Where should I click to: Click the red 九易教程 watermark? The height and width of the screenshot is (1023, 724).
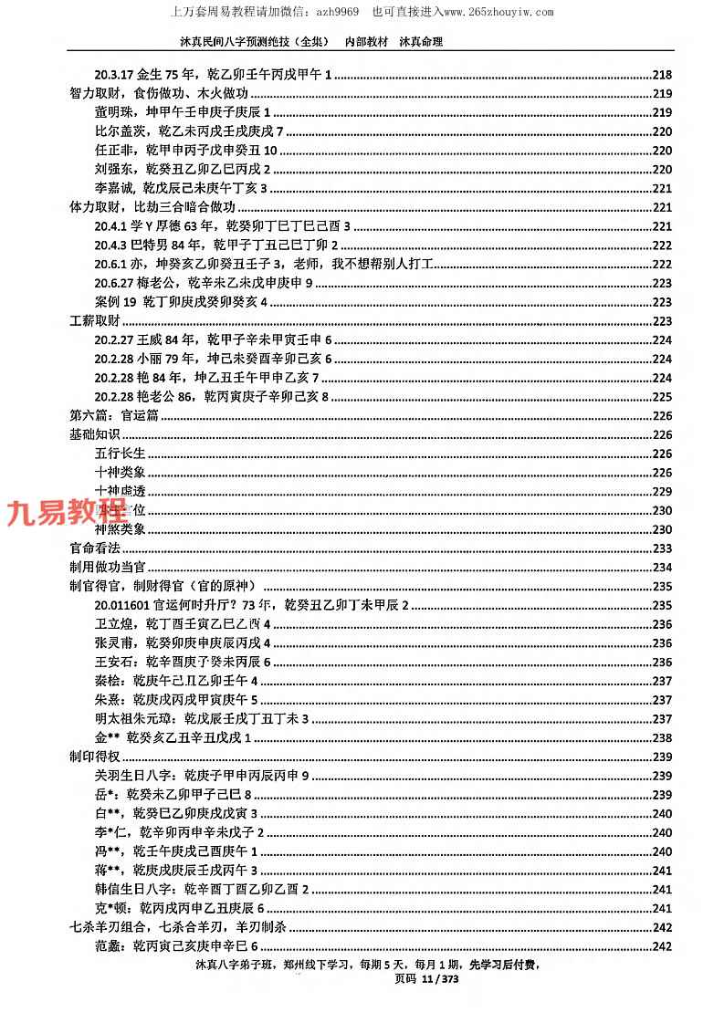(x=68, y=513)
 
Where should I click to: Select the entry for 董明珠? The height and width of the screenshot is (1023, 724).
(x=183, y=112)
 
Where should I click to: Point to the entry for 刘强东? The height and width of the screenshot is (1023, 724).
(x=183, y=169)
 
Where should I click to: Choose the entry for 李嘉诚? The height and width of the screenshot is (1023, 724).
(x=180, y=188)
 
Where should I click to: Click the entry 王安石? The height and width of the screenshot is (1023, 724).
(x=183, y=662)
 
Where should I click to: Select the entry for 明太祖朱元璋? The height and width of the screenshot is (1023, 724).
(x=202, y=719)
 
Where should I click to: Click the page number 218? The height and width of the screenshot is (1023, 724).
(x=663, y=75)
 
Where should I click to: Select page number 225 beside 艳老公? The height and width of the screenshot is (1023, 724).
(x=663, y=396)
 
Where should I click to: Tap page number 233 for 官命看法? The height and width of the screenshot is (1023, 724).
(x=663, y=548)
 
